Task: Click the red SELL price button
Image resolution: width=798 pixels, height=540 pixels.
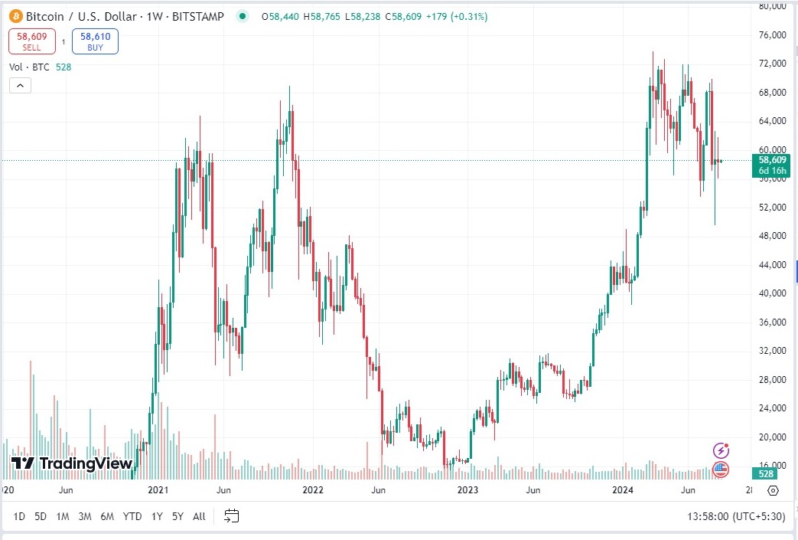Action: coord(31,41)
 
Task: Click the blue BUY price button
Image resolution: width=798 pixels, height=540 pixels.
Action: coord(95,41)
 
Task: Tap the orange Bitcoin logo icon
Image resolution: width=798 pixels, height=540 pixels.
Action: coord(15,16)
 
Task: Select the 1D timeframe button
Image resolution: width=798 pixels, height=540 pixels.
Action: coord(19,516)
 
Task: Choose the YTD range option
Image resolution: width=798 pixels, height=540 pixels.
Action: coord(132,516)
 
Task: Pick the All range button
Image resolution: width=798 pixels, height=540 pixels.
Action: coord(199,516)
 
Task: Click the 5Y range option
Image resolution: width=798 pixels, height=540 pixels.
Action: coord(178,516)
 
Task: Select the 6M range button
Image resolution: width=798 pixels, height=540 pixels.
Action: coord(108,516)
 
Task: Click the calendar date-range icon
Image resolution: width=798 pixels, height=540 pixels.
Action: coord(232,516)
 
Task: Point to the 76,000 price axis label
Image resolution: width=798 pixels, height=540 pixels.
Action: coord(771,35)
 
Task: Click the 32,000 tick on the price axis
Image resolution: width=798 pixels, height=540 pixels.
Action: coord(771,351)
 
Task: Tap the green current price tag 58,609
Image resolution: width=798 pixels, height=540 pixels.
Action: coord(772,160)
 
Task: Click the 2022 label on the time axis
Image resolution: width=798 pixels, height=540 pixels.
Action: coord(313,489)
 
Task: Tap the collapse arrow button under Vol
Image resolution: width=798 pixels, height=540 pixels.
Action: coord(21,86)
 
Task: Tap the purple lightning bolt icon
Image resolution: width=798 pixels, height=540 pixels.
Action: coord(721,450)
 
